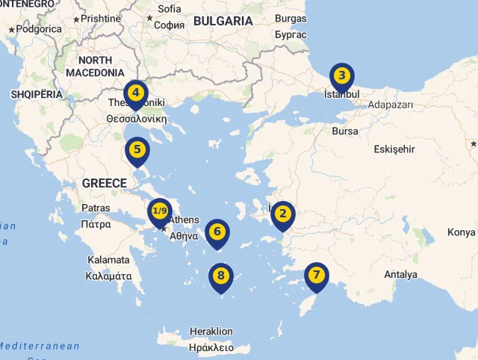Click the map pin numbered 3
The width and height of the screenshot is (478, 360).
click(341, 75)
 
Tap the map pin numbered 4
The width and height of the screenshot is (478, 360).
click(135, 93)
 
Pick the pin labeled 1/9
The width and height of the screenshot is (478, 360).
click(160, 211)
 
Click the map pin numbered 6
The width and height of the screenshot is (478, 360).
click(217, 232)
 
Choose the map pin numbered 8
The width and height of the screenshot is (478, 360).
click(220, 276)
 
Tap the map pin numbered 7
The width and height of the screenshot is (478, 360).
click(317, 275)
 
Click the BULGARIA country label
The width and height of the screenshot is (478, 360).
click(223, 21)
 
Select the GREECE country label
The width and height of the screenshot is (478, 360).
click(105, 183)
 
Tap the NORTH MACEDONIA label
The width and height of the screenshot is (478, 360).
click(95, 66)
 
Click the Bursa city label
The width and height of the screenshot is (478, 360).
click(345, 131)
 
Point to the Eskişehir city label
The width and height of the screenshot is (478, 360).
click(394, 149)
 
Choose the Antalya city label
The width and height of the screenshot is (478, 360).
click(400, 275)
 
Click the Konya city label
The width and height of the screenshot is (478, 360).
click(461, 232)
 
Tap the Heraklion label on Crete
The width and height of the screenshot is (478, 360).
click(211, 332)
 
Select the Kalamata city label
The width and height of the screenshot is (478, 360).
click(108, 260)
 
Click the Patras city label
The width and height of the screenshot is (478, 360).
click(96, 208)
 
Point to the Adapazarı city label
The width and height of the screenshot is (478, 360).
click(391, 105)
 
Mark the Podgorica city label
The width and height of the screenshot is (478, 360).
click(39, 29)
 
